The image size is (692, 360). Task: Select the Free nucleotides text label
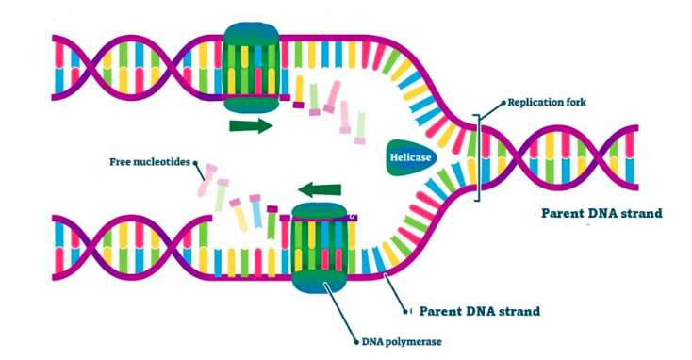pyautogui.click(x=150, y=160)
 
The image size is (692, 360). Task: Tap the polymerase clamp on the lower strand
pyautogui.click(x=320, y=251)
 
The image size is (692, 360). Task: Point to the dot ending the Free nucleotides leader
pyautogui.click(x=196, y=162)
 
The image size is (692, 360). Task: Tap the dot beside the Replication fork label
pyautogui.click(x=503, y=102)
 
